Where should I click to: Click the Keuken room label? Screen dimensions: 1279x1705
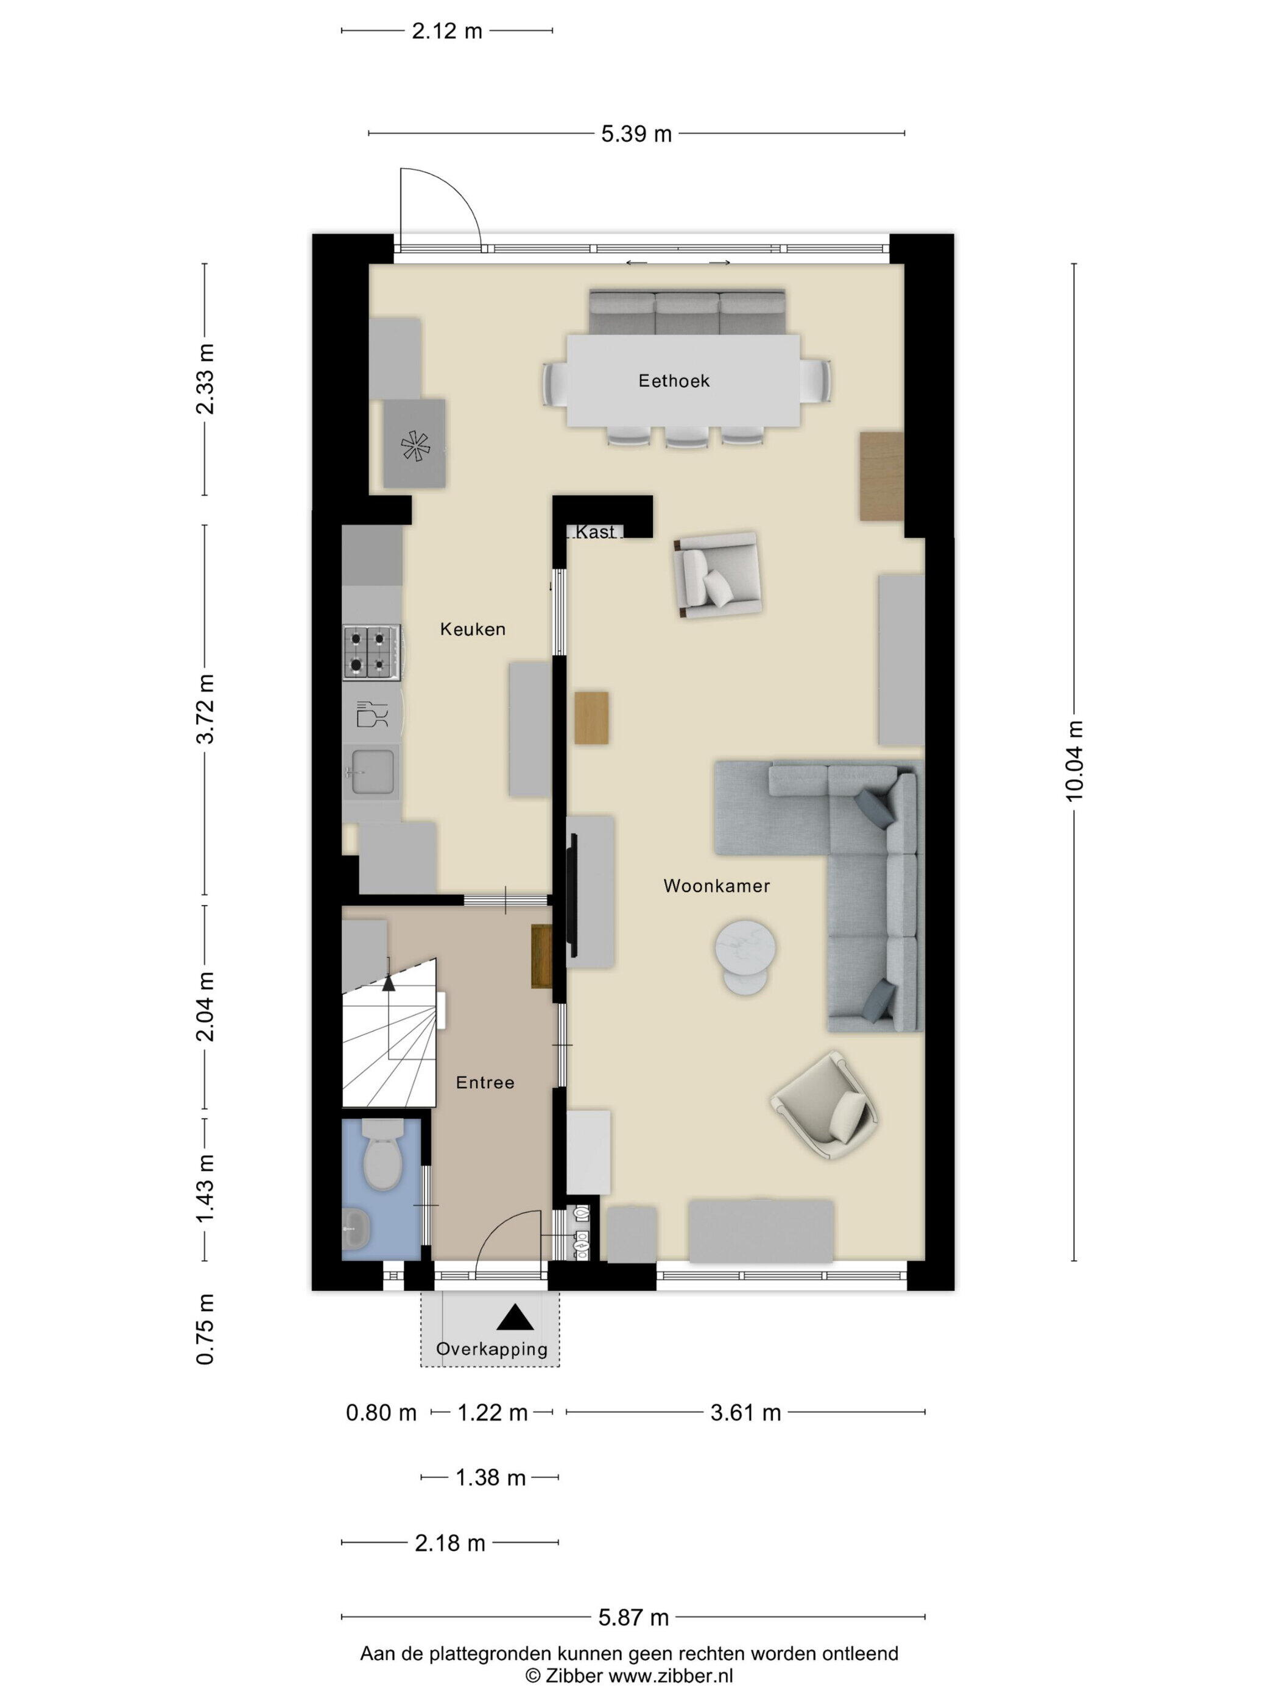point(473,629)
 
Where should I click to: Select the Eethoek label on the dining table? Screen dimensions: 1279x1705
point(674,381)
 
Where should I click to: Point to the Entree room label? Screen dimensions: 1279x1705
point(485,1082)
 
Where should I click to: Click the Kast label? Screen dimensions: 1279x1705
point(595,532)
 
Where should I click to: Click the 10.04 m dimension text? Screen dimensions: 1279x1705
point(1075,762)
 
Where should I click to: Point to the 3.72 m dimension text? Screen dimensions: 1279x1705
point(205,709)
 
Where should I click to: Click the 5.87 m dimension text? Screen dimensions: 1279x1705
point(634,1618)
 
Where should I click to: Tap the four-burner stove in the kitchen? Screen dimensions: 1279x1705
point(372,652)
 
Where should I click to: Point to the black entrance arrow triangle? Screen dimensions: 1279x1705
point(515,1318)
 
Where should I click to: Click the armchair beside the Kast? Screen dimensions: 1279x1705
point(717,574)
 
